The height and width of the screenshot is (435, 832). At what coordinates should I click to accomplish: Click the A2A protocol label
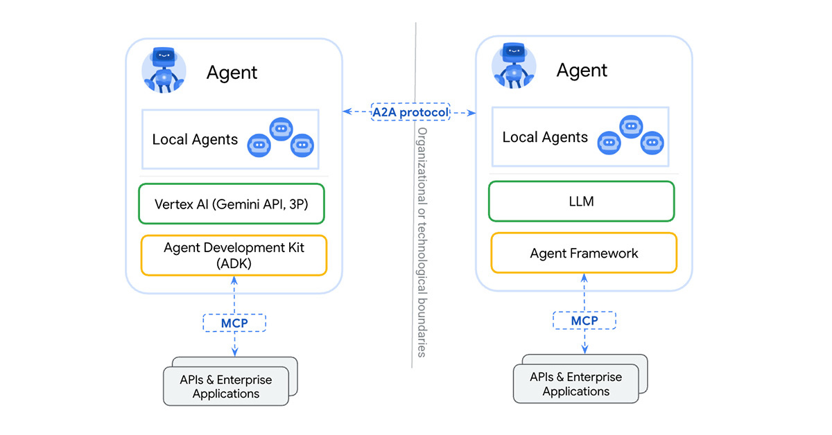(x=410, y=112)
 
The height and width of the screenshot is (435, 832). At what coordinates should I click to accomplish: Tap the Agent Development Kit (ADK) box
(x=234, y=256)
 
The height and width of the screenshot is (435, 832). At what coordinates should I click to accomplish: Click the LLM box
(x=582, y=202)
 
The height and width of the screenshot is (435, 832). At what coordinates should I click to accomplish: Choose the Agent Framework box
(x=584, y=253)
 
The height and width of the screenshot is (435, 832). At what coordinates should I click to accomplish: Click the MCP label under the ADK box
(x=234, y=323)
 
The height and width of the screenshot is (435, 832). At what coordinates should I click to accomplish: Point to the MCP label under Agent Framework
(x=584, y=321)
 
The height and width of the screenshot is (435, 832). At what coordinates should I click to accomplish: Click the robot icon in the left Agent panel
(x=164, y=69)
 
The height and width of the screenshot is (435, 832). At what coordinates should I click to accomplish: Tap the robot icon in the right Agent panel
(x=514, y=67)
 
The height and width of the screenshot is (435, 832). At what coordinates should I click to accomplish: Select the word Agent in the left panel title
(x=232, y=72)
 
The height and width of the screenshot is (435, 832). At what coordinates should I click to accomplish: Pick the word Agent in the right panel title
(x=582, y=70)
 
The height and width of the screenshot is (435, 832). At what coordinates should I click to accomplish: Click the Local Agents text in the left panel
(x=195, y=139)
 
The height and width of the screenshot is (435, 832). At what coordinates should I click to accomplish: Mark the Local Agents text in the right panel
(x=545, y=137)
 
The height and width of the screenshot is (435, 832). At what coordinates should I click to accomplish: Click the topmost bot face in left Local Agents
(x=281, y=129)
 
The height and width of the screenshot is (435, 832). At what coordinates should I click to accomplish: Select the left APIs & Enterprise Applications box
(x=226, y=386)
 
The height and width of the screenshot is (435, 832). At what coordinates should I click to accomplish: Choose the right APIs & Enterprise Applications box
(x=576, y=384)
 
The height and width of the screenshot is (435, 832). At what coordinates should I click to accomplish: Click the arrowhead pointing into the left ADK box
(x=234, y=280)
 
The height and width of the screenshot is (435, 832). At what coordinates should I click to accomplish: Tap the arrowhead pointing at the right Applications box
(x=584, y=349)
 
